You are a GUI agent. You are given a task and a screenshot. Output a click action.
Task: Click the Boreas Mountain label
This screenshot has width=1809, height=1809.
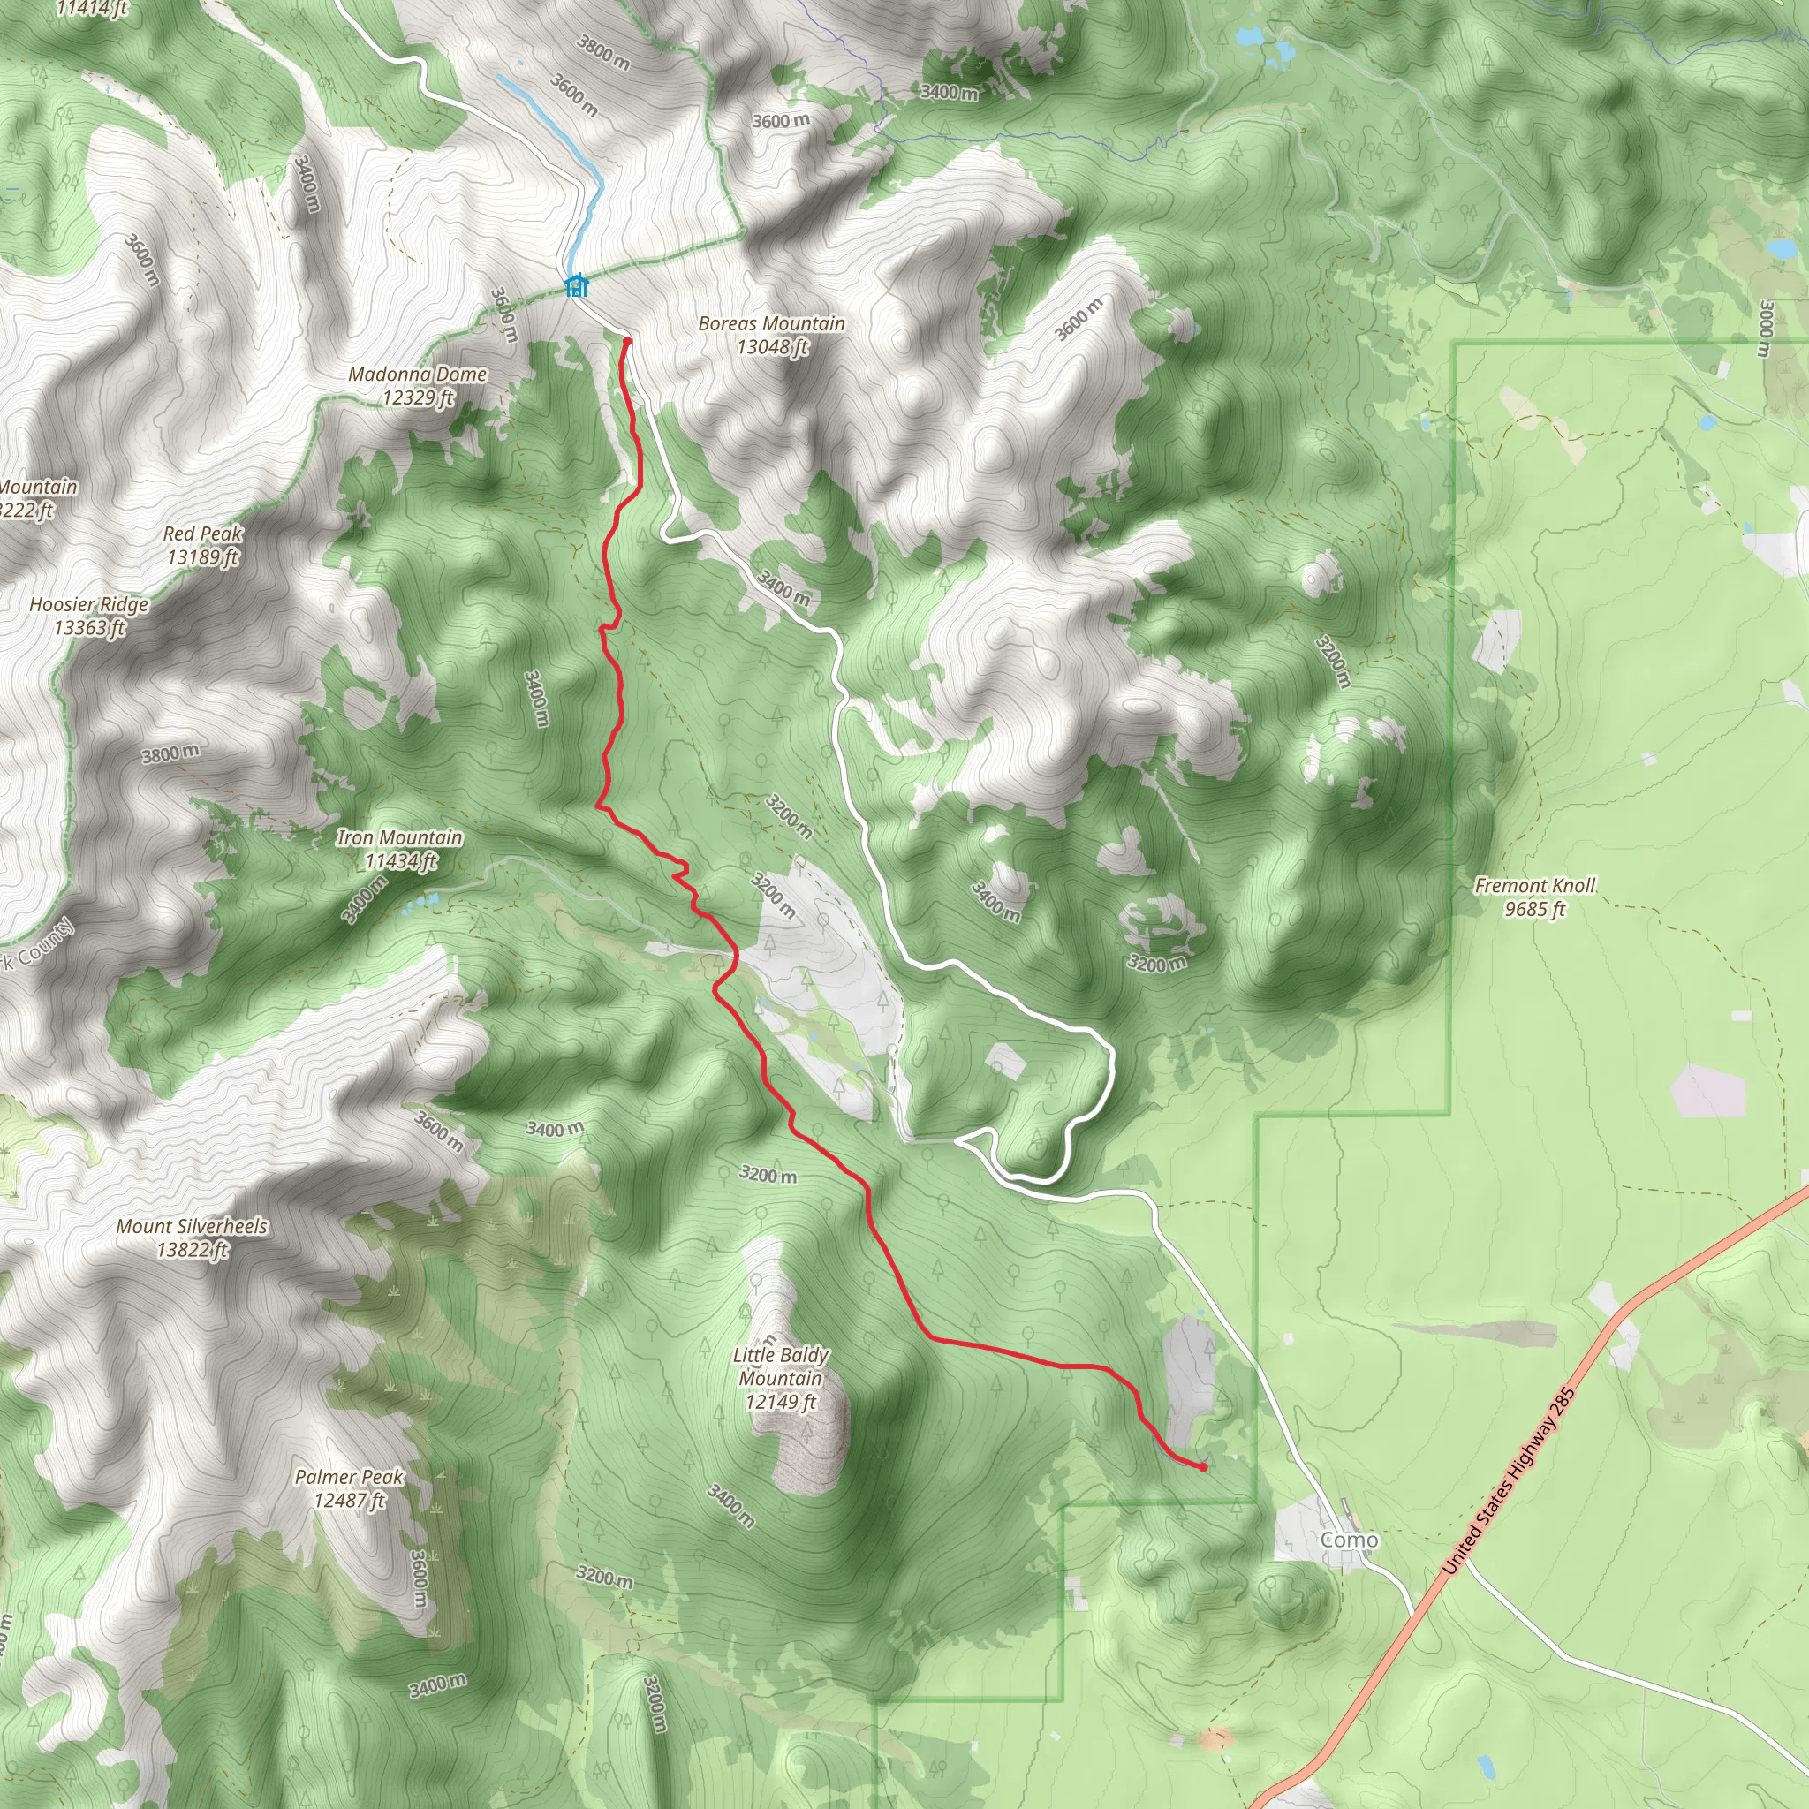click(771, 323)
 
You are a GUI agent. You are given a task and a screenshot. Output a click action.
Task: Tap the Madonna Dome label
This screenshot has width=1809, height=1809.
click(418, 374)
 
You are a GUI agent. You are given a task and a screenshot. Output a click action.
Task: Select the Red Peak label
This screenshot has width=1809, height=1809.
click(202, 533)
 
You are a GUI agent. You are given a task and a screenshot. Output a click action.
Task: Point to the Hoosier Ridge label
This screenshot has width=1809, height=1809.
click(89, 604)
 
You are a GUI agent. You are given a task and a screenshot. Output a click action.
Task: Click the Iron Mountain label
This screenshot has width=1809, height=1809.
click(399, 837)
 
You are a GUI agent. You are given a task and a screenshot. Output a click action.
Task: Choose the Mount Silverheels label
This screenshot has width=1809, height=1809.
click(192, 1226)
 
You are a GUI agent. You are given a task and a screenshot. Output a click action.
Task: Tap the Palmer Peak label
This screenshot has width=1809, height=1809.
click(349, 1477)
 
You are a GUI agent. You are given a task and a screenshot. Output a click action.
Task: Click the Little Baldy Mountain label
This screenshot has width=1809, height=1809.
click(780, 1366)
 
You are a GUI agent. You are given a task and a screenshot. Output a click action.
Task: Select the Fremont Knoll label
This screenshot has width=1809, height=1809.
click(1534, 885)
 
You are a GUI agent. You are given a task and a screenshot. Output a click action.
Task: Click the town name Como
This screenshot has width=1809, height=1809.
click(1350, 1540)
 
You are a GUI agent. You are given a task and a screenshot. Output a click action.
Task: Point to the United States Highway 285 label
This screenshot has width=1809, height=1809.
click(1509, 1480)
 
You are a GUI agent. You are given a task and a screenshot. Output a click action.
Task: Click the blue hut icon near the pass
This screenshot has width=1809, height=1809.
click(577, 284)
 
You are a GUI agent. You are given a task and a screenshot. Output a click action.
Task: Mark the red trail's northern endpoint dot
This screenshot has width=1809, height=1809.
click(626, 342)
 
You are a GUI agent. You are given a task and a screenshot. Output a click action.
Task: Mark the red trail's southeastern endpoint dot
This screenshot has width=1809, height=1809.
click(1202, 1467)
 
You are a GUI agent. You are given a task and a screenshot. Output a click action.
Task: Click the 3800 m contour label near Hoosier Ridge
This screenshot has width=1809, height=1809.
click(170, 753)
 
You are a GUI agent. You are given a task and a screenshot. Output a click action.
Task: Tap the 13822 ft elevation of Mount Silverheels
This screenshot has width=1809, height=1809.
click(192, 1249)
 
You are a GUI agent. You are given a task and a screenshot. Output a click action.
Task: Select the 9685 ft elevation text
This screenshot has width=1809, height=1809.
click(1534, 908)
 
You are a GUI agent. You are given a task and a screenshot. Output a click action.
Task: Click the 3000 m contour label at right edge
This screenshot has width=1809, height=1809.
click(1766, 329)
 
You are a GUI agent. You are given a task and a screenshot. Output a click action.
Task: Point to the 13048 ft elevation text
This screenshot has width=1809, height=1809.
click(771, 347)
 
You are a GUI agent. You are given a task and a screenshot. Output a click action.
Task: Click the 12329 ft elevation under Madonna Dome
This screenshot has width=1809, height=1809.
click(418, 398)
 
